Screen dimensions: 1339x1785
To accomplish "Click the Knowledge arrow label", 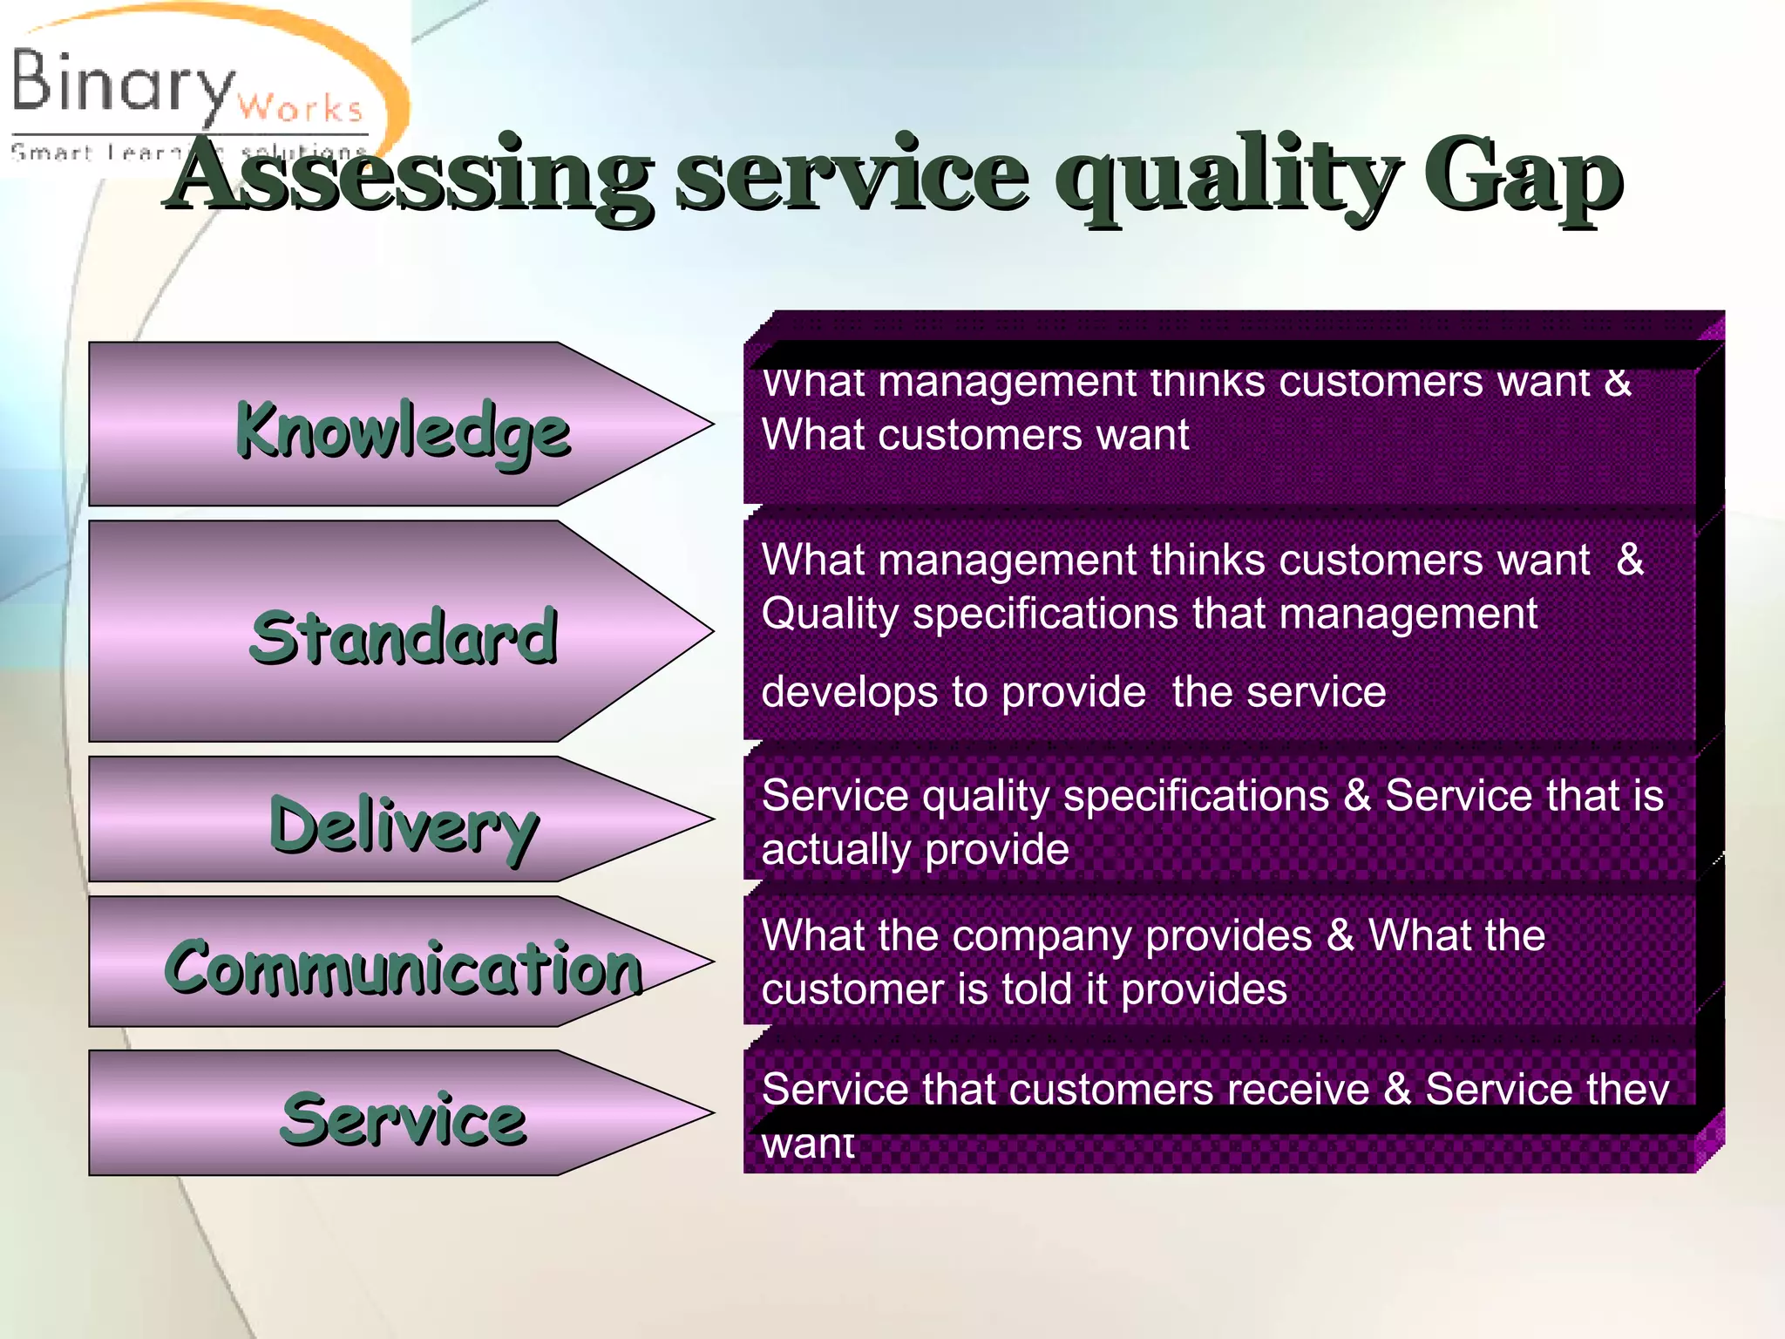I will point(403,431).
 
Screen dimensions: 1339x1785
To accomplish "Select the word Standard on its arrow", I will point(403,637).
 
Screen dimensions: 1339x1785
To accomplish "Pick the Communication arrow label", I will point(404,968).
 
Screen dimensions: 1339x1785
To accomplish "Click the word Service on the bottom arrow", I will point(403,1119).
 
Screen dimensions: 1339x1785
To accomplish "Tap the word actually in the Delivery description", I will point(836,850).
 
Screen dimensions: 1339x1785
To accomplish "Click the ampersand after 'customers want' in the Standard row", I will point(1629,560).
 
